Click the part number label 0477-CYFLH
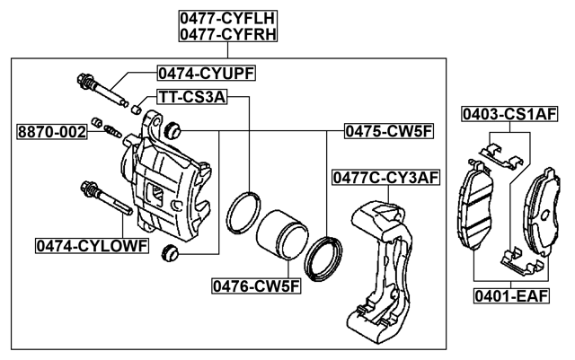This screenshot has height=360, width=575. click(226, 18)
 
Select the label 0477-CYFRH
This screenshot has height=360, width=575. click(226, 35)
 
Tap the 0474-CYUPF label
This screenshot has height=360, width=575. click(205, 73)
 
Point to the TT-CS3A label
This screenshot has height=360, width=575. click(190, 97)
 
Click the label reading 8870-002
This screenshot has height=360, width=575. click(52, 132)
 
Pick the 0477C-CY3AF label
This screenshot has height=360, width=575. click(385, 177)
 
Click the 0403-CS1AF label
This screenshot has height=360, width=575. click(509, 114)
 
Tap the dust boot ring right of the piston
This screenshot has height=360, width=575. click(324, 257)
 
